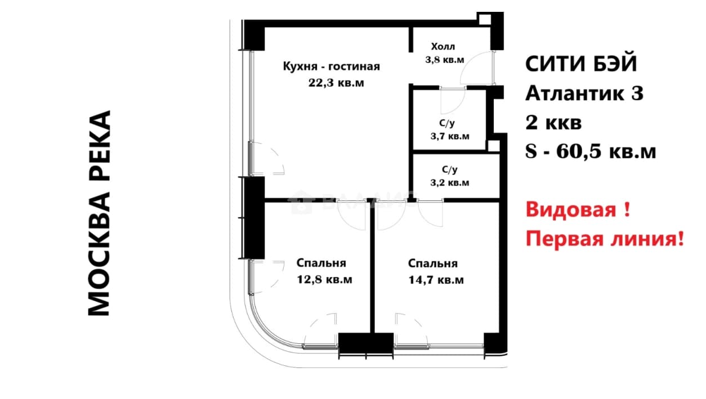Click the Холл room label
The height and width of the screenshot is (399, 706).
(443, 47)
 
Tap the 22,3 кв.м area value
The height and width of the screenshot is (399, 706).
(336, 83)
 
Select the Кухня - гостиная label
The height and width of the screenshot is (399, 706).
(331, 66)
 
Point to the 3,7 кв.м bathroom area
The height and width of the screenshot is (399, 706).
(450, 136)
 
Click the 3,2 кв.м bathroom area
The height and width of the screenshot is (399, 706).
(450, 182)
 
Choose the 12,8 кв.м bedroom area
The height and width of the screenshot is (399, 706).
(324, 280)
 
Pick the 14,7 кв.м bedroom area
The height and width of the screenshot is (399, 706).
(436, 280)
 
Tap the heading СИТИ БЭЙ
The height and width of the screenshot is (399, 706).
(581, 64)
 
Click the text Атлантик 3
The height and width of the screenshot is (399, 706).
(584, 93)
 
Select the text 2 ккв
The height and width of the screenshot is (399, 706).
(553, 123)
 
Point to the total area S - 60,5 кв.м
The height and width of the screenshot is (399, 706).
(591, 151)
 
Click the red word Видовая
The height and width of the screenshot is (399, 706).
(571, 209)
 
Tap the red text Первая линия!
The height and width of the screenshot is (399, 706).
(605, 239)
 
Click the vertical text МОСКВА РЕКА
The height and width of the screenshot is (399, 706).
(99, 213)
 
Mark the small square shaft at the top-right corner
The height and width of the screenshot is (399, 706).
(485, 19)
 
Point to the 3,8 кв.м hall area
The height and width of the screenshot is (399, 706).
(444, 60)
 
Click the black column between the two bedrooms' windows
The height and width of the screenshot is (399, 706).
(366, 343)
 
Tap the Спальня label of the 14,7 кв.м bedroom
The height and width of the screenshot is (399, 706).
(433, 263)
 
